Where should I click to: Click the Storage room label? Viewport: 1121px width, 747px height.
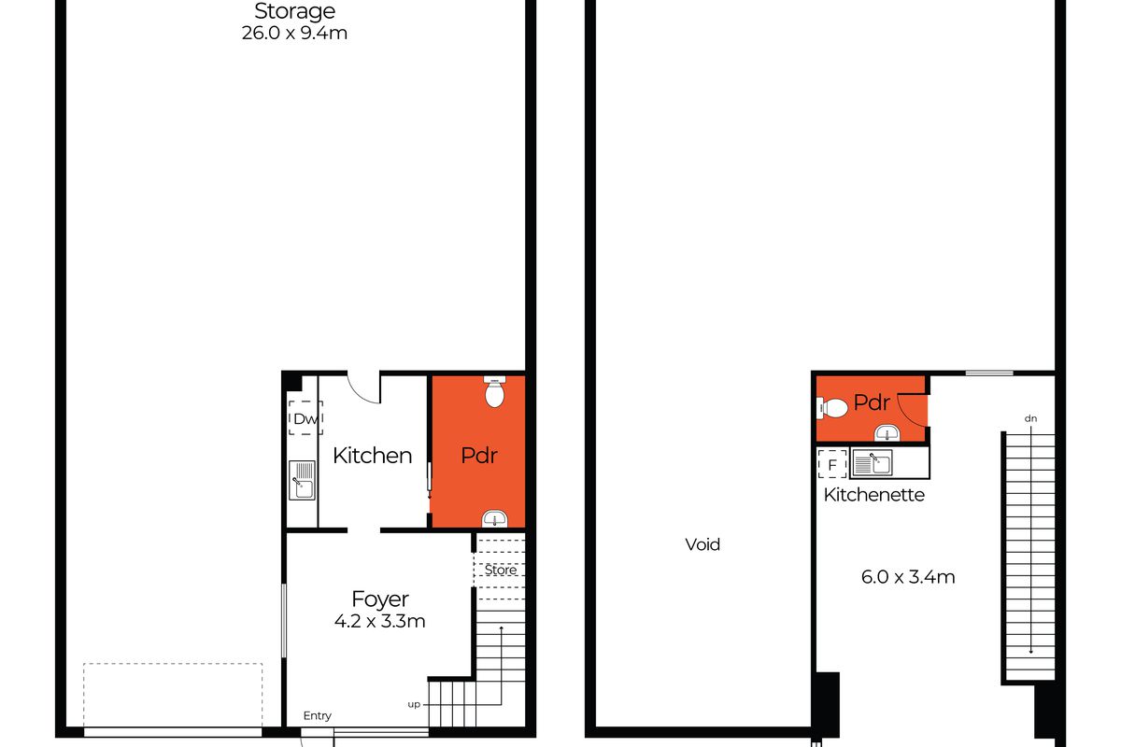click(294, 12)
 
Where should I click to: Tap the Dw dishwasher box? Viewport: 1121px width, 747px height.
click(305, 419)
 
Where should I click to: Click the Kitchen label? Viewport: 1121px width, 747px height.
click(372, 456)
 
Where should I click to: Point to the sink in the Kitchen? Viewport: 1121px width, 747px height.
click(302, 481)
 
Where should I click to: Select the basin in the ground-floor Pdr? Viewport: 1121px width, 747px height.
click(494, 518)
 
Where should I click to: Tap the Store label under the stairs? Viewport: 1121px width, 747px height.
click(500, 570)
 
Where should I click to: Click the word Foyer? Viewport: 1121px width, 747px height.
click(380, 599)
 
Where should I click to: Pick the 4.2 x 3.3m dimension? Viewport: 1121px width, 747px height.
click(380, 621)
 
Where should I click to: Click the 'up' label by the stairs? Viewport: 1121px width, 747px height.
click(413, 703)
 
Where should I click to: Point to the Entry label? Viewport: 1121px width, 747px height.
click(317, 716)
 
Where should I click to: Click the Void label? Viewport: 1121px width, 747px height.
click(702, 544)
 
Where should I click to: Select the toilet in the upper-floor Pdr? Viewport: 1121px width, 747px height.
click(833, 407)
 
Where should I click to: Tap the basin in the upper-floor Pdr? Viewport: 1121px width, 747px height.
click(887, 431)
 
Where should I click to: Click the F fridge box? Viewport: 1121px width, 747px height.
click(831, 463)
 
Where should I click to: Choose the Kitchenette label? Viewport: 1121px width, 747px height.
click(873, 495)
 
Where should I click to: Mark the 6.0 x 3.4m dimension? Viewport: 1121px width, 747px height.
click(908, 577)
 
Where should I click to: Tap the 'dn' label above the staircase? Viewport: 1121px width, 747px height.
click(1030, 418)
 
